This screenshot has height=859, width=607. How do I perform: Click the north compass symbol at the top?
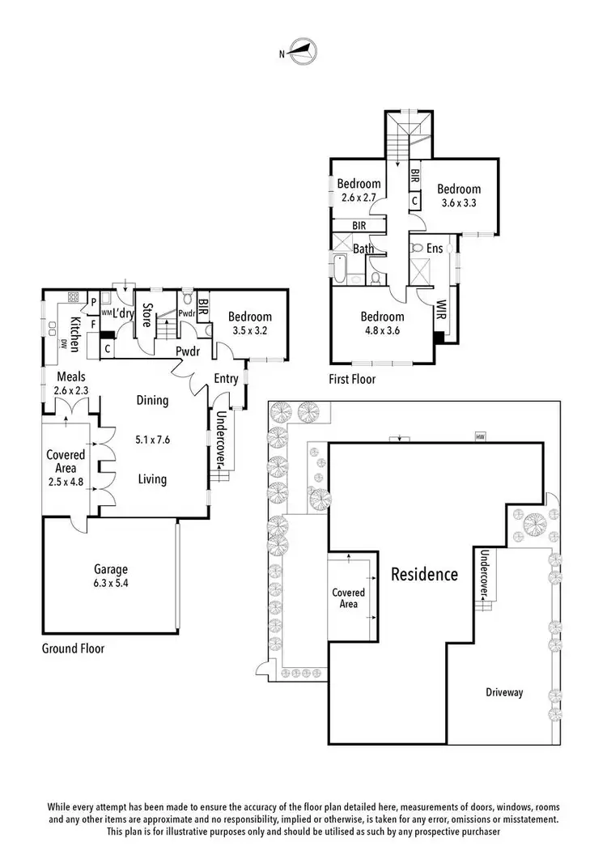[302, 53]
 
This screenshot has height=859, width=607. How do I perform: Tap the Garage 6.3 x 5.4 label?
[109, 576]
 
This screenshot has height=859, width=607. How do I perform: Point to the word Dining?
[152, 400]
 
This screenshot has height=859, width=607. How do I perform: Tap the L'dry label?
[123, 313]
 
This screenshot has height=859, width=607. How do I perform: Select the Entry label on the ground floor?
[226, 378]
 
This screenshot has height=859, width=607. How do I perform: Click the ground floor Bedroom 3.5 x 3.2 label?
[249, 324]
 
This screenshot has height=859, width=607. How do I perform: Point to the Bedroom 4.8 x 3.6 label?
[382, 323]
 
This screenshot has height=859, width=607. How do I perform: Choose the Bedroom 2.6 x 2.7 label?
[359, 190]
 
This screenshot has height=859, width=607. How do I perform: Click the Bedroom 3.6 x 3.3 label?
[459, 196]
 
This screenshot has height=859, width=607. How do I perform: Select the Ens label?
[435, 249]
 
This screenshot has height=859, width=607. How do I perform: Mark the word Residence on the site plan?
[424, 575]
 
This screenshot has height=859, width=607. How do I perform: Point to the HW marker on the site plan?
[480, 437]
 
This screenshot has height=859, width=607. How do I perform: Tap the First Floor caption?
[352, 378]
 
